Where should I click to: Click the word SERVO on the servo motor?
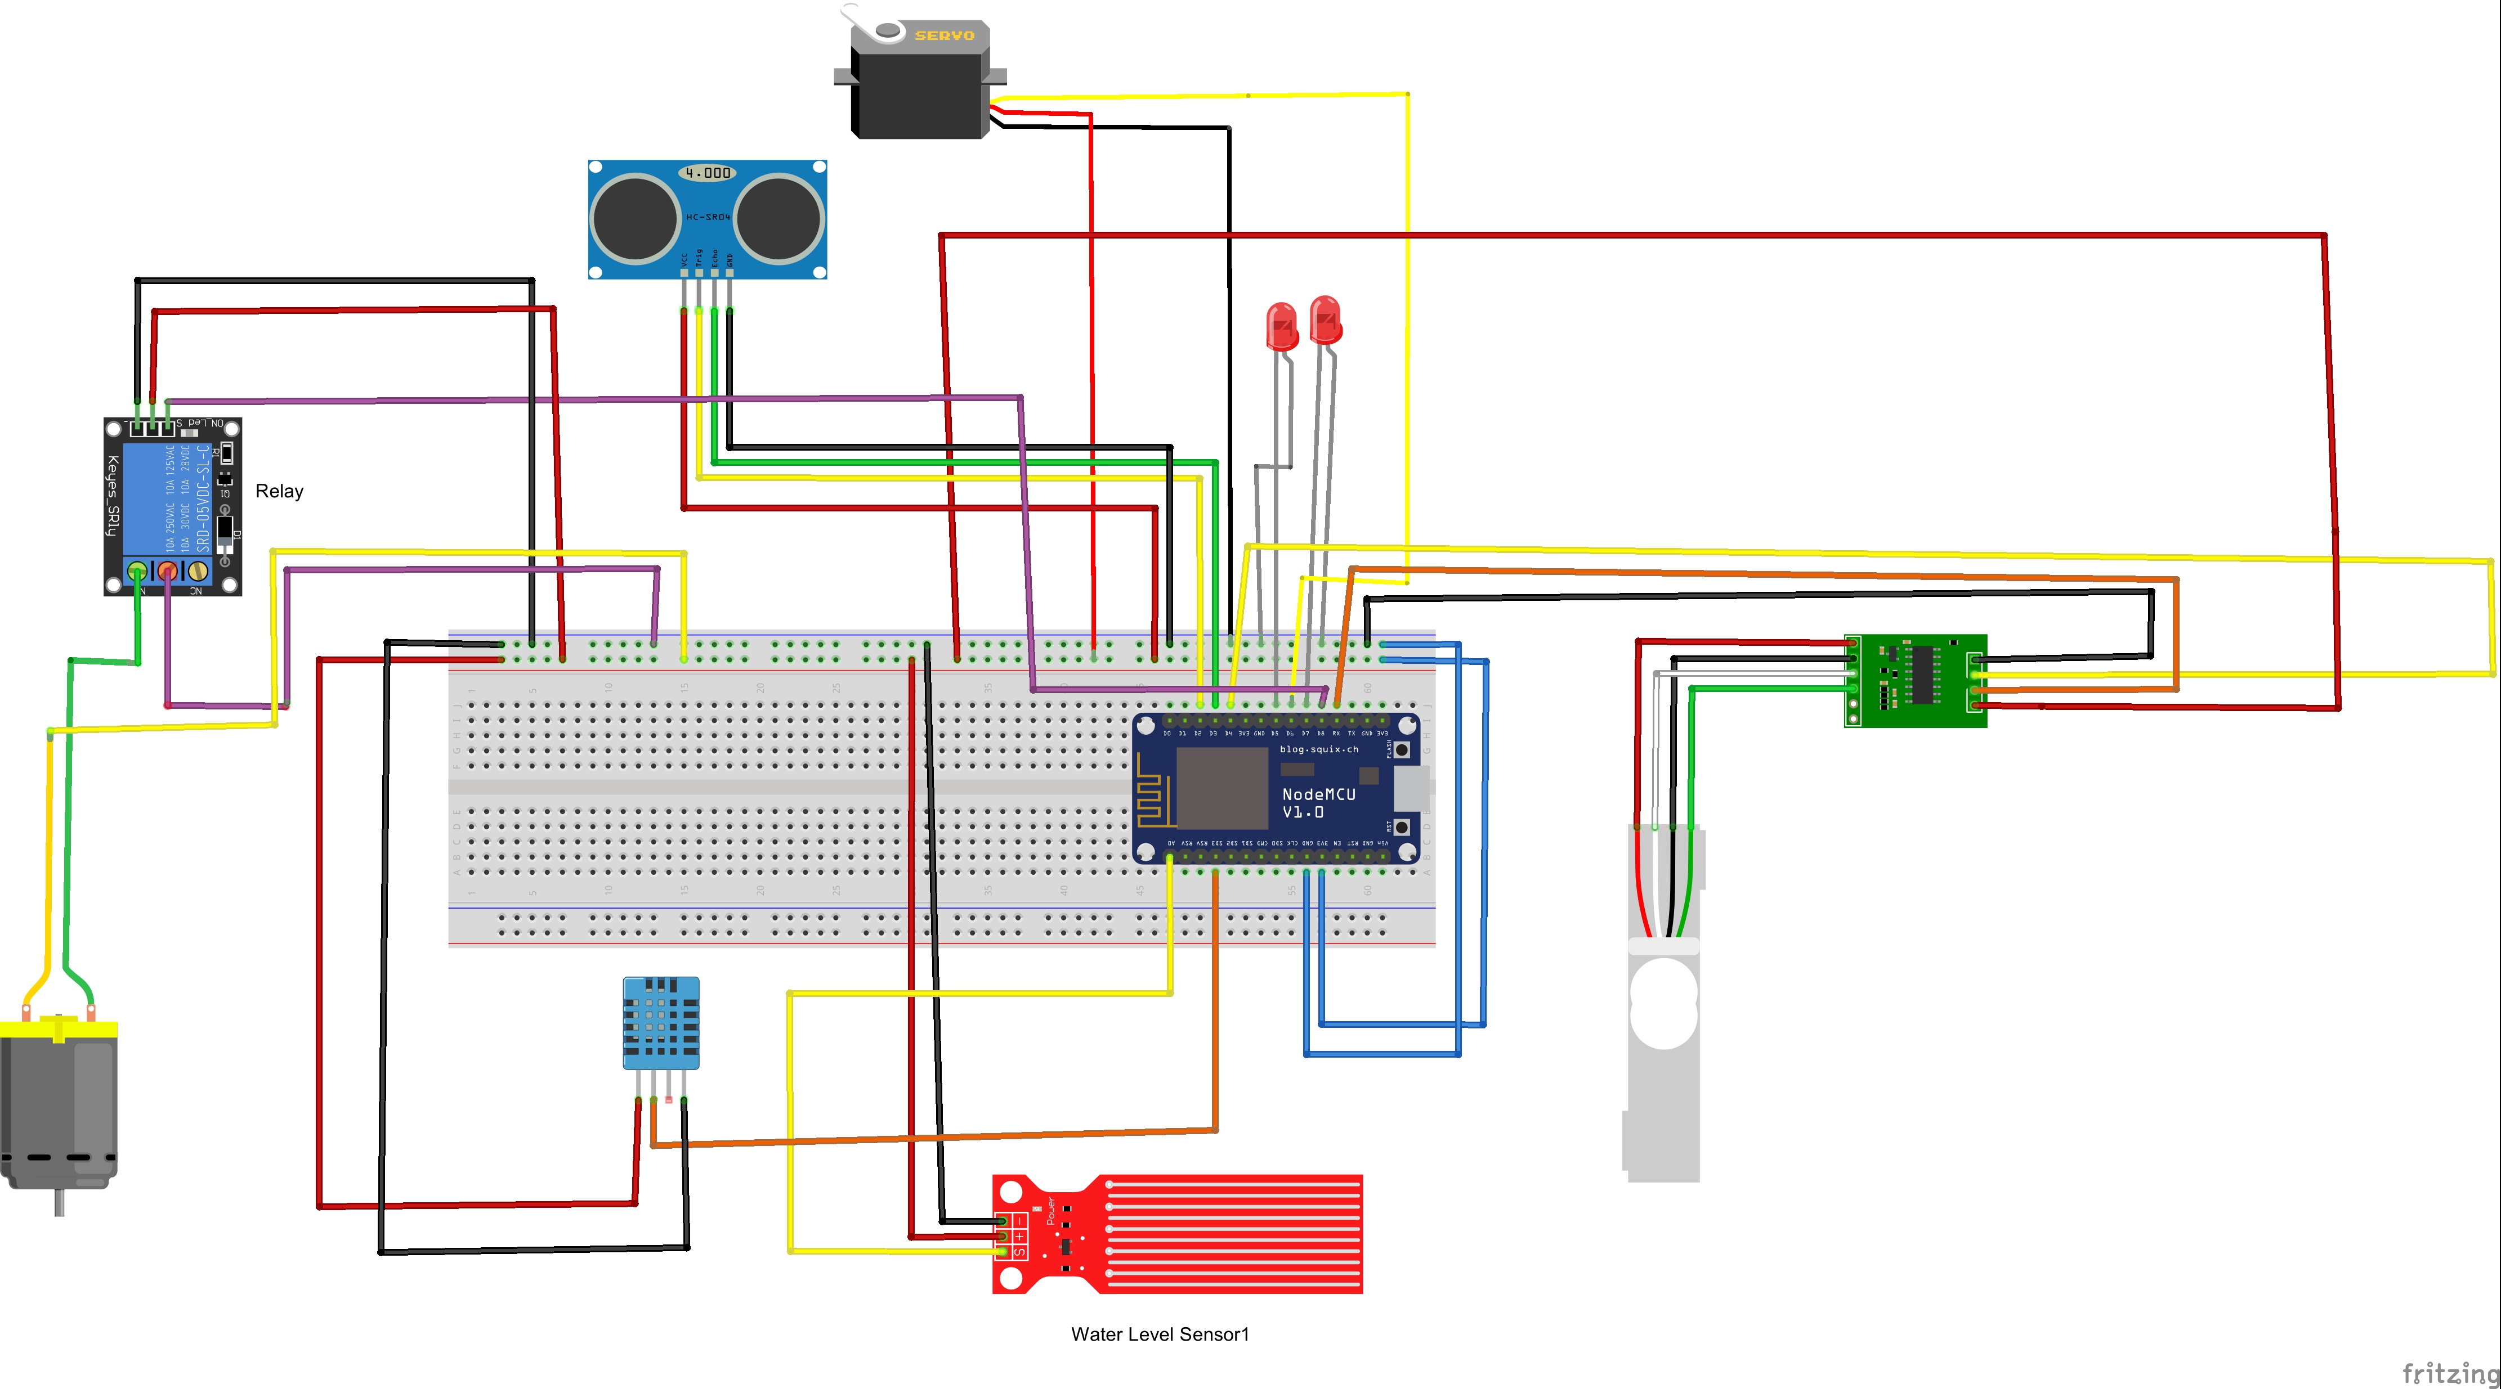pos(943,36)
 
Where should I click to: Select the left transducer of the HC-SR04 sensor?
pos(635,218)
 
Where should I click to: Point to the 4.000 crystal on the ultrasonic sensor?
pos(708,173)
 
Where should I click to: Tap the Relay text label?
pos(279,491)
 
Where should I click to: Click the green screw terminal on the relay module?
pos(138,571)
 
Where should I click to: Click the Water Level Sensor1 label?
pos(1159,1334)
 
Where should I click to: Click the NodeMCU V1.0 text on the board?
pos(1318,803)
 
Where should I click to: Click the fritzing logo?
pos(2449,1373)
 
